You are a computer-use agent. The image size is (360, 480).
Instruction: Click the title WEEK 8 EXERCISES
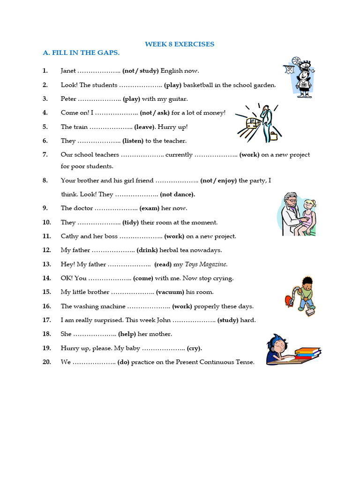(180, 44)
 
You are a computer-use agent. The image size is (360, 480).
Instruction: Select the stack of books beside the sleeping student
(307, 352)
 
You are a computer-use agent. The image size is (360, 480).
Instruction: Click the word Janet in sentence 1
(68, 71)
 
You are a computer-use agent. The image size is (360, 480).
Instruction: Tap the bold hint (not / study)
(141, 71)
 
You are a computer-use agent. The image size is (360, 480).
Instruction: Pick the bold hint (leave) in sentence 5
(144, 127)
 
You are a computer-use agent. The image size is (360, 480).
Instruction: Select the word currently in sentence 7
(179, 155)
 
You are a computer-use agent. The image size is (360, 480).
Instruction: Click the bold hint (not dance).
(178, 194)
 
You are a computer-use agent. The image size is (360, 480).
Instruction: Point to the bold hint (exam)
(150, 208)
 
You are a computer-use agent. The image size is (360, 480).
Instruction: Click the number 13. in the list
(46, 264)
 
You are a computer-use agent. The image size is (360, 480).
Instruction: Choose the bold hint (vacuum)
(170, 292)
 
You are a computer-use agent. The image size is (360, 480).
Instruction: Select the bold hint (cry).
(195, 348)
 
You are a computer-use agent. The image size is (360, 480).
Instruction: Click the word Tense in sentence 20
(246, 362)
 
